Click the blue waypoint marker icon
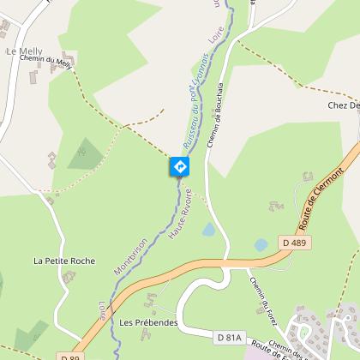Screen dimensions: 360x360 coord(180,166)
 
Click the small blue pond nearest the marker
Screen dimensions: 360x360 coord(207,230)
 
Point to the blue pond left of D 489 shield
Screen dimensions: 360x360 coord(261,244)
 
